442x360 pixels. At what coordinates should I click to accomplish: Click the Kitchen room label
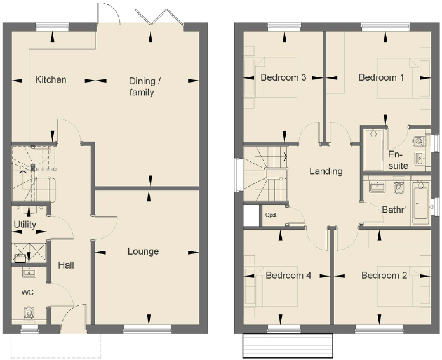click(51, 80)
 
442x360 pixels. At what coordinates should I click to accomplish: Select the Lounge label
click(143, 251)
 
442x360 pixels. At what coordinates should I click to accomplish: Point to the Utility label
click(25, 225)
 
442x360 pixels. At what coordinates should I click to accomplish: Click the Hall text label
click(67, 265)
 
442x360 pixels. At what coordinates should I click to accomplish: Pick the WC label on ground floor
click(27, 293)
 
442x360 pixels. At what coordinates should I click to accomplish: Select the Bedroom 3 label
click(284, 77)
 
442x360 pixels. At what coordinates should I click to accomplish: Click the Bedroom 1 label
click(381, 77)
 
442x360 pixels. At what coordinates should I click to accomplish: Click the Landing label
click(326, 171)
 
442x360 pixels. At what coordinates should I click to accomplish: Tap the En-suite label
click(398, 160)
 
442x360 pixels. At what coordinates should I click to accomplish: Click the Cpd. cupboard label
click(271, 215)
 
